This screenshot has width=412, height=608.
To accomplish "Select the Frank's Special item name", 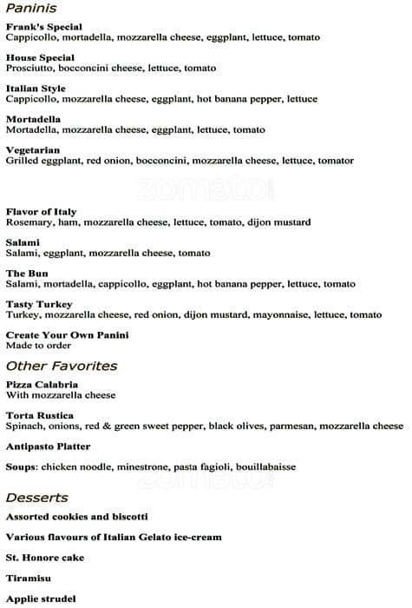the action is pos(43,27).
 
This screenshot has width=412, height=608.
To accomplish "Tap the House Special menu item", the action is pos(40,57).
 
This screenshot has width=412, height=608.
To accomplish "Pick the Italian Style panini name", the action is pos(36,88).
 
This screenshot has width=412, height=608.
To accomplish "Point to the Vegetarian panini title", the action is pos(33,150).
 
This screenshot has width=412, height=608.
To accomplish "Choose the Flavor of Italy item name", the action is pos(41,212).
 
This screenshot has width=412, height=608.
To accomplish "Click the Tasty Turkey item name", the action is pos(37,304).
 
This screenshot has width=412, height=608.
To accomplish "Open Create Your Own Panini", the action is pos(67,334).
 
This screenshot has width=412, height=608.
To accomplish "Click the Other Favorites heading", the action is pos(62,366).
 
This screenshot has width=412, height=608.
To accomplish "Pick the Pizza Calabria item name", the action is pos(42,384).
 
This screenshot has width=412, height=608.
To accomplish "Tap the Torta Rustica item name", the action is pos(39,415).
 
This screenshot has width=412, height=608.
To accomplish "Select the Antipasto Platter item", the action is pos(48,446).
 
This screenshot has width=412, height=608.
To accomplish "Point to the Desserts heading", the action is pos(36,498).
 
